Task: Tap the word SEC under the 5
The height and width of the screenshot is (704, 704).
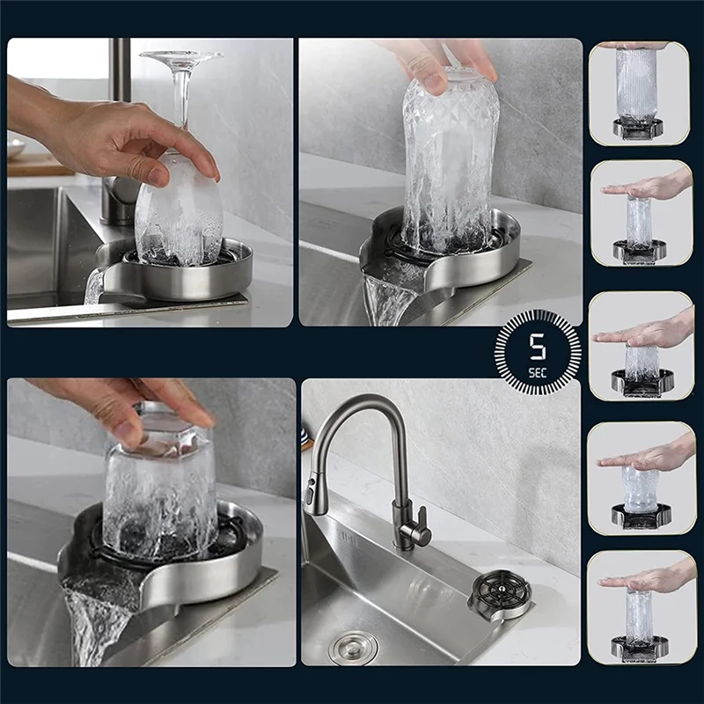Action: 537,372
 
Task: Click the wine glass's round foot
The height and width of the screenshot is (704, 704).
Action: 180,57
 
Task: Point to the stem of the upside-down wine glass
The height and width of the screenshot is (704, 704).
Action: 181,97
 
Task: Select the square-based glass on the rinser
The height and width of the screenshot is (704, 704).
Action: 159,493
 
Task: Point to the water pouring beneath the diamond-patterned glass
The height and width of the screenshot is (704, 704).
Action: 387,295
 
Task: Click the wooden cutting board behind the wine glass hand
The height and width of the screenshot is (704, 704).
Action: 35,164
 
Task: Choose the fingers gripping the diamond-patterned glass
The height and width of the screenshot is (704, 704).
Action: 440,66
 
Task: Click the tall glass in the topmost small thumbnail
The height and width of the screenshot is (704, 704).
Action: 638,84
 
